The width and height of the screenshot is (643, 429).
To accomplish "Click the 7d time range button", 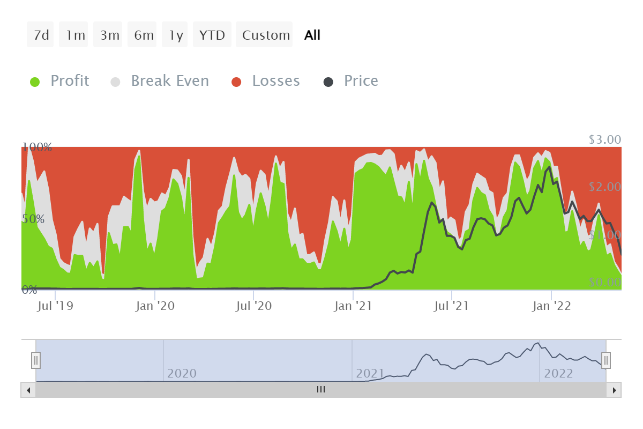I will click(41, 35).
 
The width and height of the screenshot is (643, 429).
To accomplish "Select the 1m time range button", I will click(75, 35).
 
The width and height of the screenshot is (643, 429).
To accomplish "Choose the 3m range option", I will click(109, 35).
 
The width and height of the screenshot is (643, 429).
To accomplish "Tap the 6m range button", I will click(144, 35).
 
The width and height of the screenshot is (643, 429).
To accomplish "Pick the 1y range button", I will click(176, 35).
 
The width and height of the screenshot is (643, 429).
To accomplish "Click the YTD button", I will click(212, 35).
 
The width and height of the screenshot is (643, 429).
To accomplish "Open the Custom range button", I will click(266, 35).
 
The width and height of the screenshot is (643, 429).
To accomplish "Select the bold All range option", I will click(312, 35).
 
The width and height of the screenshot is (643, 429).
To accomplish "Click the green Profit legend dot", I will click(35, 82).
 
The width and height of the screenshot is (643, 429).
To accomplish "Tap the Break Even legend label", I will click(170, 81).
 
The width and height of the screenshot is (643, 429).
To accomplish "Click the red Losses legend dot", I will click(236, 82).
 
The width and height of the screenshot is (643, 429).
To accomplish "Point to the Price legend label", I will click(361, 81).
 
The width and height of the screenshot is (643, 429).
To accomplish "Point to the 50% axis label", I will click(33, 219).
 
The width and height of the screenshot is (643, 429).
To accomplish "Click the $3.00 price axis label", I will click(604, 140).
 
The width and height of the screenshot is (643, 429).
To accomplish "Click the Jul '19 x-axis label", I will click(56, 306).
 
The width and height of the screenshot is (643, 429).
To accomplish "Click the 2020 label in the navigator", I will click(182, 373).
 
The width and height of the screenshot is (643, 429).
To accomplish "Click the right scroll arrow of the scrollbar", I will click(614, 390).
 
